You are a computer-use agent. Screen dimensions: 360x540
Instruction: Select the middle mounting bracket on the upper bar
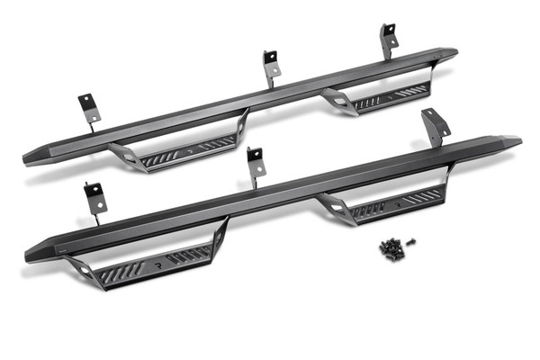[271, 66]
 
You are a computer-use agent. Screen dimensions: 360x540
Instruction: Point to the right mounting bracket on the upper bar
[389, 38]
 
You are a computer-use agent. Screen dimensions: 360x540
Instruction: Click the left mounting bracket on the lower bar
[94, 199]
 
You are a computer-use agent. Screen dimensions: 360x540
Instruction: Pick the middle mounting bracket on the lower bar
[255, 164]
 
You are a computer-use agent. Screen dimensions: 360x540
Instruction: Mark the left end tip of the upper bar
[29, 158]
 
